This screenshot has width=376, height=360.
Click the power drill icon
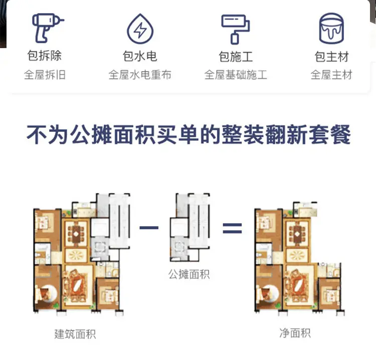[x=47, y=28]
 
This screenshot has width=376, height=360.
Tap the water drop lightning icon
[x=140, y=29]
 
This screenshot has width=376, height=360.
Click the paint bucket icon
[x=331, y=28]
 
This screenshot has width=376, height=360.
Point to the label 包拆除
[x=45, y=56]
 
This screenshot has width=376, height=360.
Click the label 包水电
[x=140, y=56]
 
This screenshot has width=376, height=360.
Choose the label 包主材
[x=331, y=56]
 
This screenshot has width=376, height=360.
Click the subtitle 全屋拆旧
[x=45, y=75]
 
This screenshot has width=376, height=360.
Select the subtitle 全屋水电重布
[x=140, y=75]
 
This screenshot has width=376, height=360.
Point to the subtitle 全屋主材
[x=331, y=75]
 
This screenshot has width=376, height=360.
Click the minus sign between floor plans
[x=149, y=228]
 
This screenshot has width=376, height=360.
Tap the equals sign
[x=232, y=228]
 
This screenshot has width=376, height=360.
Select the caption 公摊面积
[x=189, y=274]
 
